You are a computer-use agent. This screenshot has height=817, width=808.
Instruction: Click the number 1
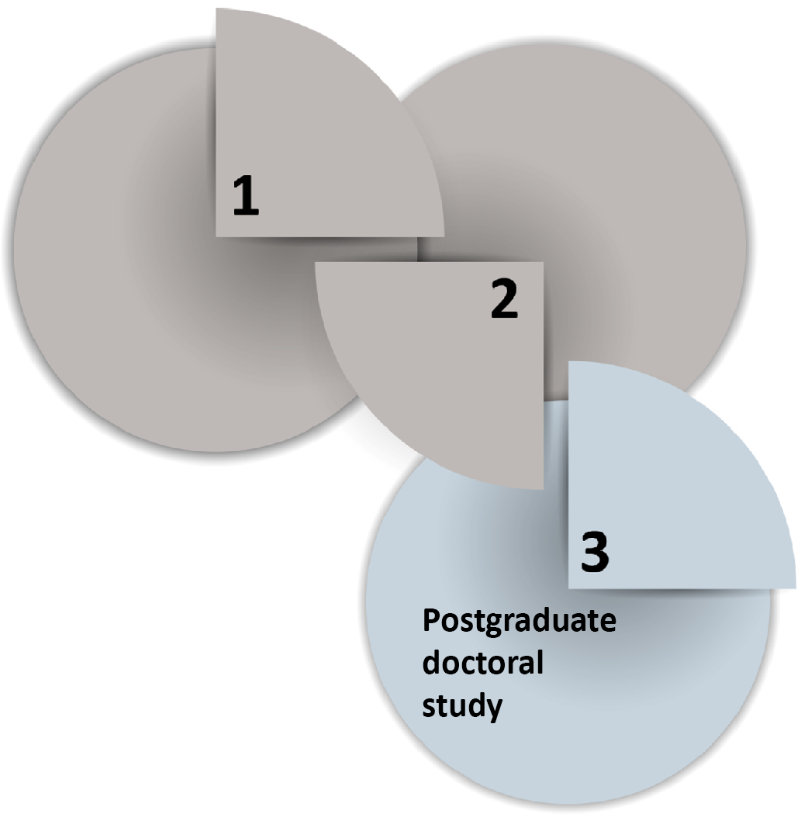pos(246,195)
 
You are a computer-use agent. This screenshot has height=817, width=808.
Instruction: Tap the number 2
pos(505,298)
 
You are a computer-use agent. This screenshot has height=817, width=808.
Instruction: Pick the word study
pos(462,706)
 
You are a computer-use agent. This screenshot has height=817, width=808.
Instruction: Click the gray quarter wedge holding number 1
pos(312,136)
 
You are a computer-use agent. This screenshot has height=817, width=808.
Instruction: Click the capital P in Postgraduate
pos(431,620)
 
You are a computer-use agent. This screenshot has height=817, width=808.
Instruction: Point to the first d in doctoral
pos(430,662)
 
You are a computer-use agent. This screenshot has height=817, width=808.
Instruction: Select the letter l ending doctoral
pos(540,662)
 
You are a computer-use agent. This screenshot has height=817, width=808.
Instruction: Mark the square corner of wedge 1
pos(216,237)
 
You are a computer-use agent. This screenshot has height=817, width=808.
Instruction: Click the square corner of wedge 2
pos(544,262)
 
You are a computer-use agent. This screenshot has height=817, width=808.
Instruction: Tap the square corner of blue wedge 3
pos(568,589)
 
